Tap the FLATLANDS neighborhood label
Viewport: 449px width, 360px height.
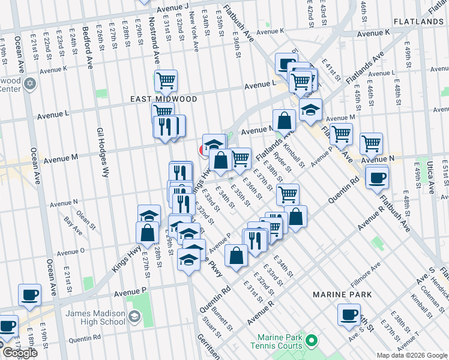tap(418, 22)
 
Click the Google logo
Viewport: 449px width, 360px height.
tap(20, 353)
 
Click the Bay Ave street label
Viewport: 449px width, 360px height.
tap(73, 226)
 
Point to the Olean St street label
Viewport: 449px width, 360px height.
tap(86, 220)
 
